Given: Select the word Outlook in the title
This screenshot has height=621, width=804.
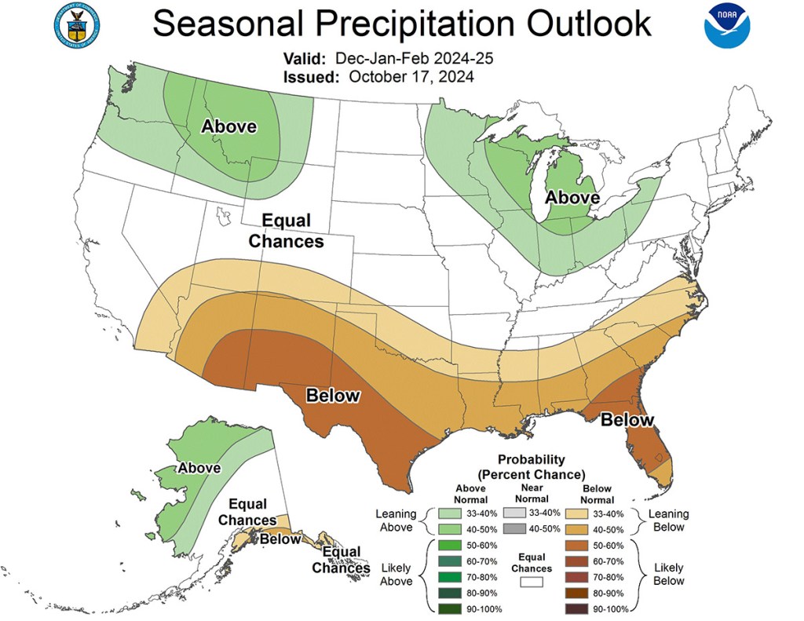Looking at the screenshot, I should (587, 24).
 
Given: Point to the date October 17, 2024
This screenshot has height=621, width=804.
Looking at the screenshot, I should (411, 76).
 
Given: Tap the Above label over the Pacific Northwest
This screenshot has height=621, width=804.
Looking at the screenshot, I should (229, 126).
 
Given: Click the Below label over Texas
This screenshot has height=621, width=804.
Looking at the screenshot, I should (333, 395).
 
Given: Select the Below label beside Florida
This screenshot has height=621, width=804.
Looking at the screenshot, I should (627, 420).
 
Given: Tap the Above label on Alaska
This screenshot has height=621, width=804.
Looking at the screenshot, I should (199, 468).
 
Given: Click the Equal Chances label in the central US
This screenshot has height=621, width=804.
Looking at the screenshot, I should (286, 231).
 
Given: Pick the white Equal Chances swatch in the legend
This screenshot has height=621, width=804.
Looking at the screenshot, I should (532, 583).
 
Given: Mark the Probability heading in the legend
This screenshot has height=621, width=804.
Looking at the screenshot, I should (532, 459).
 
